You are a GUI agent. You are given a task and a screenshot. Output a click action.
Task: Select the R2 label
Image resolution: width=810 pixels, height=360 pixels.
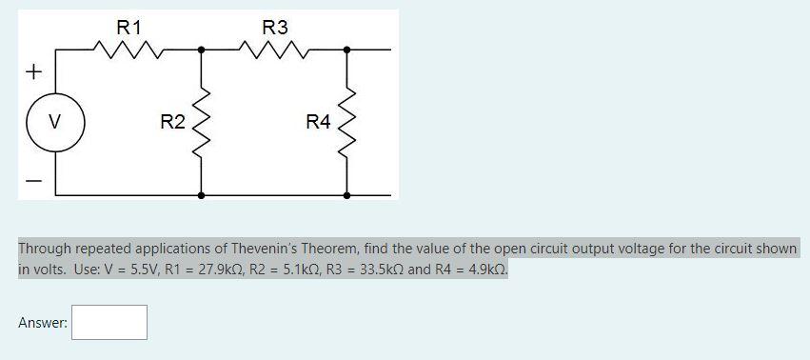click(172, 122)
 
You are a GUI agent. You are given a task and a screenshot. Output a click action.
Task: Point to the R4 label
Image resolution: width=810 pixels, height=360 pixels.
click(318, 122)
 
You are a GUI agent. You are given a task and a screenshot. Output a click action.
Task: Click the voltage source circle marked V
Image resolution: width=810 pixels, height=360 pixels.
click(55, 122)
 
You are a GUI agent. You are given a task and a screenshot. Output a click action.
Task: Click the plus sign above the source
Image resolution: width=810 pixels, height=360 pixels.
click(35, 71)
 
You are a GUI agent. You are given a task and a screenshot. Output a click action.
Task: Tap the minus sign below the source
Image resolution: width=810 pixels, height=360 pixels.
click(35, 179)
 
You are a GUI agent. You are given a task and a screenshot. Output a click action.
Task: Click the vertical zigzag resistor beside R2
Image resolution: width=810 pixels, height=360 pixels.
click(201, 122)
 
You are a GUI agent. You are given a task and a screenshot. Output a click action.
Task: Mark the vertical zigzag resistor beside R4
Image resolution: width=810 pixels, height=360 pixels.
click(346, 122)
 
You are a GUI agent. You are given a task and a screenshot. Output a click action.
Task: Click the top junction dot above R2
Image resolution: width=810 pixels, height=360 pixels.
click(201, 49)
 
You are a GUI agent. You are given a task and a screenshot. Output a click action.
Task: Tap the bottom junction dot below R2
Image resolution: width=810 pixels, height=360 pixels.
click(201, 194)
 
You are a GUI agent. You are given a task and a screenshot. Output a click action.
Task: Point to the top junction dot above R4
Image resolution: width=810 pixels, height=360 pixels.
click(346, 49)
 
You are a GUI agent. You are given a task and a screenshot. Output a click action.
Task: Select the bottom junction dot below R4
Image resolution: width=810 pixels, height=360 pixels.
click(346, 194)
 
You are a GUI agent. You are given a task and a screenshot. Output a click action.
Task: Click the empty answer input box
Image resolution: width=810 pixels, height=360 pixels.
click(109, 322)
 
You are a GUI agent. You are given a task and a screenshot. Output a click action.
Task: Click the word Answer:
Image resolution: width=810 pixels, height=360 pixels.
click(43, 323)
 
